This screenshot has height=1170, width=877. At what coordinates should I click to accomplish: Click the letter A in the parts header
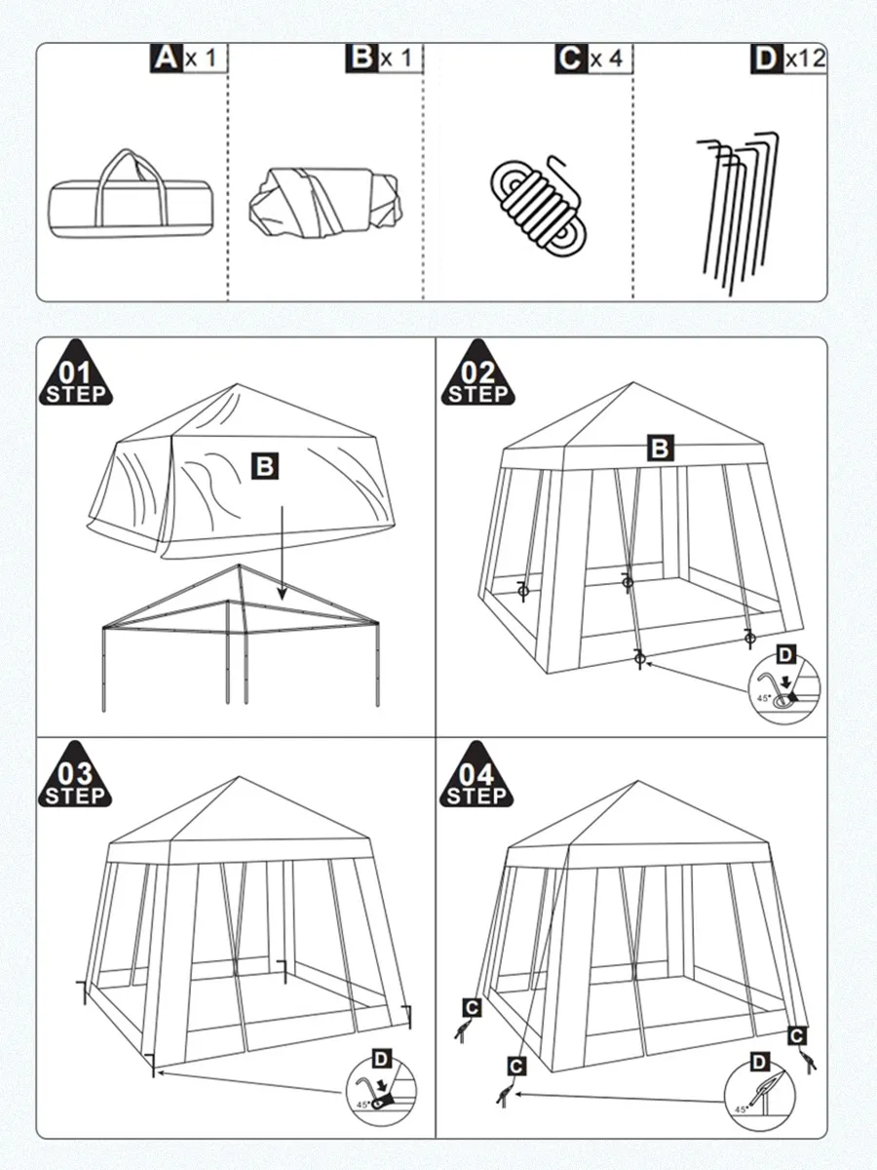(x=166, y=58)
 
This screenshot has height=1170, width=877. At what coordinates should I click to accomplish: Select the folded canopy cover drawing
(x=325, y=203)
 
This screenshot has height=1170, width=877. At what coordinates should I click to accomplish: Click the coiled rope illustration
(x=538, y=207)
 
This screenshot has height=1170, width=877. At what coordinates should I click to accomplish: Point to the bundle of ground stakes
(x=738, y=214)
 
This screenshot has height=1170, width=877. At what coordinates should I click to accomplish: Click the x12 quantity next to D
(x=806, y=58)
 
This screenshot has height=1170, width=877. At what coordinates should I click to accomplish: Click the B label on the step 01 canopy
(x=265, y=466)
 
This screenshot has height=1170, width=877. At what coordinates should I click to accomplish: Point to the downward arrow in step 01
(x=283, y=553)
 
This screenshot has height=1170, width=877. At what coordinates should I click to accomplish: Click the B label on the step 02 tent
(x=661, y=448)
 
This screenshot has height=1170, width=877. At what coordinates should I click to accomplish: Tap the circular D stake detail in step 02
(x=784, y=687)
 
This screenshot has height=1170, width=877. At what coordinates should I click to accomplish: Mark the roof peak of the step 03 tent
(x=239, y=777)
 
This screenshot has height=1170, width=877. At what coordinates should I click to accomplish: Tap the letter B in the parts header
(x=362, y=58)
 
